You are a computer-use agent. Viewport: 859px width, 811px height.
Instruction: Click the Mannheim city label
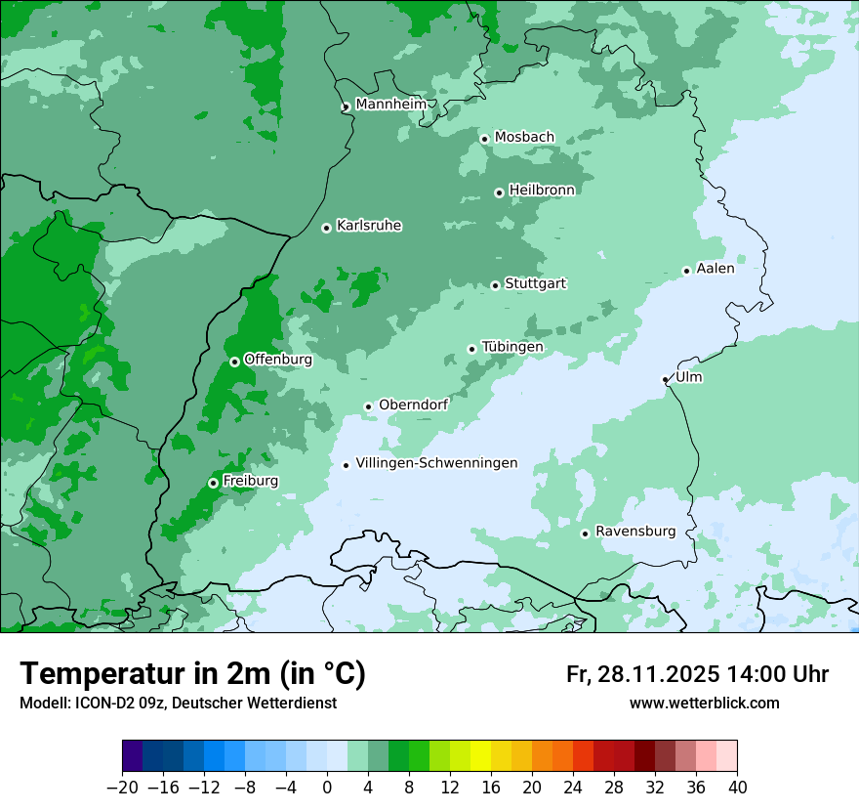390,104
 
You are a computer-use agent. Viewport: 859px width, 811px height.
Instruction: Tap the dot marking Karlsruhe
326,228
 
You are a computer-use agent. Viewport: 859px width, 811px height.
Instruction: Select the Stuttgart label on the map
535,283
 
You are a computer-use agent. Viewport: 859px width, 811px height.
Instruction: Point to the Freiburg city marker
213,483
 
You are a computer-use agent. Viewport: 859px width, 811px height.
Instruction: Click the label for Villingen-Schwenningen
436,463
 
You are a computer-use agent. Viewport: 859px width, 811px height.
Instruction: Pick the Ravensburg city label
634,532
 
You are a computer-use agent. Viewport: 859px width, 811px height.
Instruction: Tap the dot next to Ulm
665,379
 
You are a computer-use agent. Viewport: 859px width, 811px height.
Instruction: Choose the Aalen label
715,268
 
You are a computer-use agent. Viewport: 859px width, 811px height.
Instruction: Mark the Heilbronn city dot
499,192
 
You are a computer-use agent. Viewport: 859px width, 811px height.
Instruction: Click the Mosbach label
524,137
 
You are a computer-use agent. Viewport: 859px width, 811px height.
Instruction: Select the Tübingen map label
511,347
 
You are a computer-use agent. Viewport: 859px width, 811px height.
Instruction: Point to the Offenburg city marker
234,362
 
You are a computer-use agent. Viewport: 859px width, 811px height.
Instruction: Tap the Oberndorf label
413,405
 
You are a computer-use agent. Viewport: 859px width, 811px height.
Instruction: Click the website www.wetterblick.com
704,704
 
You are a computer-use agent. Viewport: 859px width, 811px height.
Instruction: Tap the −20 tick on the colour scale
122,788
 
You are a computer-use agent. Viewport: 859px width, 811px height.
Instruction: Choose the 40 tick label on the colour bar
737,788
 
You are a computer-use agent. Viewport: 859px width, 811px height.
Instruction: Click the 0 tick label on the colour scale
327,788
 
